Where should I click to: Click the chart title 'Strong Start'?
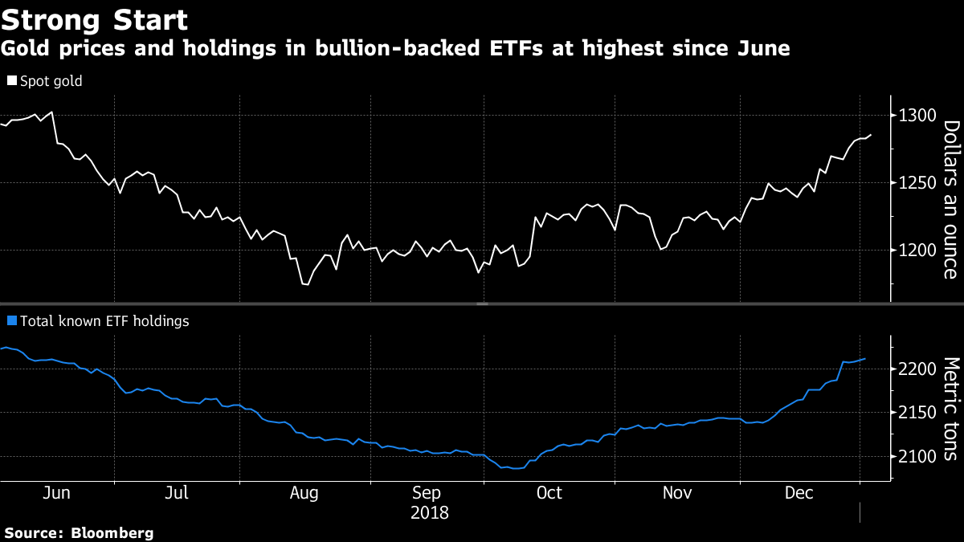click(x=95, y=19)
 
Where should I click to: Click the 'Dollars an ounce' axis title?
click(x=950, y=199)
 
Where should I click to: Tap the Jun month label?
click(x=55, y=493)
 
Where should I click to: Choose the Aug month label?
click(x=304, y=493)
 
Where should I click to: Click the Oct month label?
click(x=549, y=493)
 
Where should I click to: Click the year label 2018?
click(x=430, y=512)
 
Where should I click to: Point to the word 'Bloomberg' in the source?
click(x=112, y=532)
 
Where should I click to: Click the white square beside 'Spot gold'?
click(x=11, y=81)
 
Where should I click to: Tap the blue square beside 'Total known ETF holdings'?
click(x=11, y=321)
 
